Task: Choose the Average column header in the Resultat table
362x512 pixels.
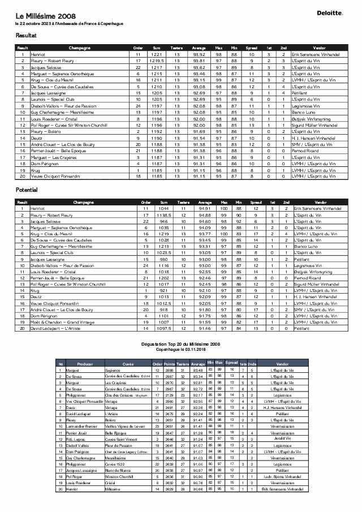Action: pos(199,48)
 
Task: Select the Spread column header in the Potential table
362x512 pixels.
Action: pos(256,202)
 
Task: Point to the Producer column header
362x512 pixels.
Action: pos(85,364)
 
